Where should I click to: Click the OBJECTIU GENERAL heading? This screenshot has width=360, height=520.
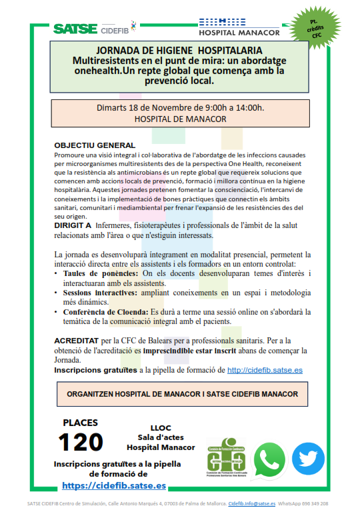(95, 145)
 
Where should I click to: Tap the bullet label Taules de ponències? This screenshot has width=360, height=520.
(101, 274)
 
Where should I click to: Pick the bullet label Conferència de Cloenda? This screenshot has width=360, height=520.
(106, 312)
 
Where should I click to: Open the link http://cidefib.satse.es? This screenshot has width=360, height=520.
(265, 369)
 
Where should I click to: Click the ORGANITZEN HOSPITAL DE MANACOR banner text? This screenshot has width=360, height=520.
(182, 394)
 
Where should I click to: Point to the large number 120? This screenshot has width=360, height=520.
(81, 442)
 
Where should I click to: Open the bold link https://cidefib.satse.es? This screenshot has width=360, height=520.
(114, 486)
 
